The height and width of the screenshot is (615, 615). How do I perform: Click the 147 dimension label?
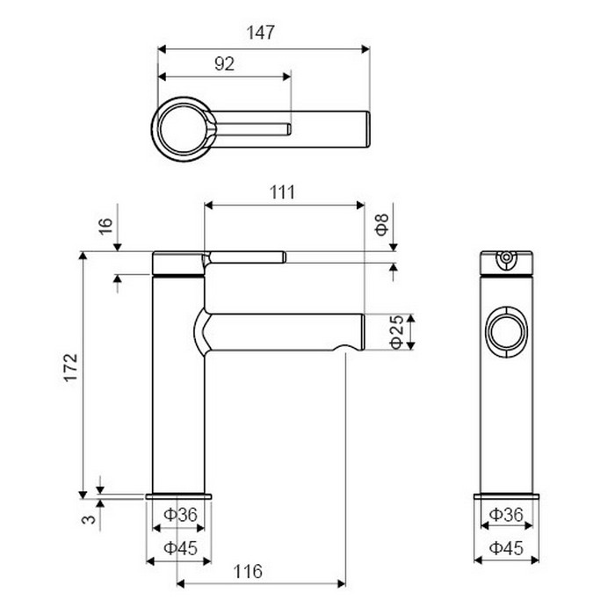pyautogui.click(x=260, y=33)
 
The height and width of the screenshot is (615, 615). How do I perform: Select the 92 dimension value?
pyautogui.click(x=224, y=64)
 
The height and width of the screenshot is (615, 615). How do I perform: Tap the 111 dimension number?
pyautogui.click(x=282, y=192)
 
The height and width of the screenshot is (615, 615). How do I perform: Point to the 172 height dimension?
pyautogui.click(x=71, y=367)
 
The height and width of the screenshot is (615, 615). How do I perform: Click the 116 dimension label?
pyautogui.click(x=248, y=571)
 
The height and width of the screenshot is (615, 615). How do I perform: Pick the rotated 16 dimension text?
pyautogui.click(x=105, y=227)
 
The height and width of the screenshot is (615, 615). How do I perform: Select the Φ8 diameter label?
pyautogui.click(x=381, y=225)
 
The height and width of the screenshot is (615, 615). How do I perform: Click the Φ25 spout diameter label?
pyautogui.click(x=397, y=332)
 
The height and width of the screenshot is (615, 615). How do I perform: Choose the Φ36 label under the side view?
pyautogui.click(x=180, y=515)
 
